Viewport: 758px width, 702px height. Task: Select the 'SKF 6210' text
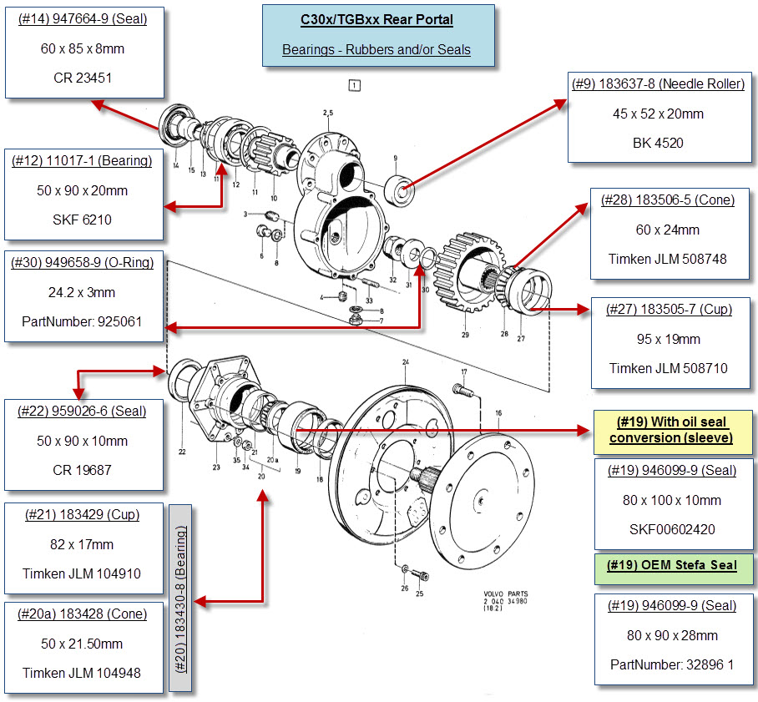tap(83, 220)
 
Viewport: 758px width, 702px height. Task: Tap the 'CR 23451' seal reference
tap(83, 78)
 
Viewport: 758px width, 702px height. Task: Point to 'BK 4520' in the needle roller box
tap(658, 143)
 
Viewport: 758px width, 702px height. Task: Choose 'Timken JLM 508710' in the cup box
tap(668, 368)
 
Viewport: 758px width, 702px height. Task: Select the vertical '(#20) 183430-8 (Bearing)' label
tap(181, 598)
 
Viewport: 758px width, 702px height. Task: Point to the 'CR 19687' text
tap(82, 470)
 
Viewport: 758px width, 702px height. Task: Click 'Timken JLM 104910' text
tap(82, 574)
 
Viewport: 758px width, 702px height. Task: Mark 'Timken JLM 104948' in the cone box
tap(82, 673)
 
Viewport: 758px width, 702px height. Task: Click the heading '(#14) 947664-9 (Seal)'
tap(83, 18)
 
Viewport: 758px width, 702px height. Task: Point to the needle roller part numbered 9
tap(400, 190)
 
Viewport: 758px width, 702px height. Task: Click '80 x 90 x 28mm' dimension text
tap(672, 635)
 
